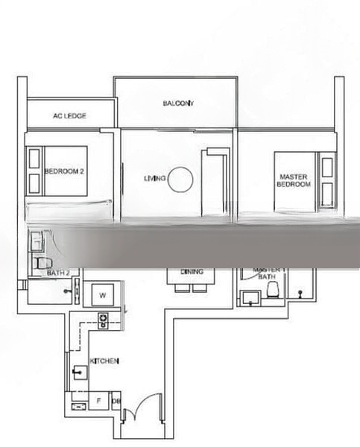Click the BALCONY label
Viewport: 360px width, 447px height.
[178, 104]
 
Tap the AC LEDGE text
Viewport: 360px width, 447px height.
[69, 116]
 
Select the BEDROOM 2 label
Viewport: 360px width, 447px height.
[64, 171]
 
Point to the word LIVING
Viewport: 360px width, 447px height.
[154, 179]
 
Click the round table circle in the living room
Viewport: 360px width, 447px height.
[180, 180]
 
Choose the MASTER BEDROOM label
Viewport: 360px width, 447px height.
[294, 181]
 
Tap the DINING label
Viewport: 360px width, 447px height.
[192, 272]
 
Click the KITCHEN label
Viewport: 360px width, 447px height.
[104, 361]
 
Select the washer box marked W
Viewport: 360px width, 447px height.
[102, 296]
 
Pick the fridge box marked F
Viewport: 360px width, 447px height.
[98, 401]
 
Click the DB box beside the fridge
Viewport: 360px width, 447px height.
[116, 402]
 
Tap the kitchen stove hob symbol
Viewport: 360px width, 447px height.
[103, 320]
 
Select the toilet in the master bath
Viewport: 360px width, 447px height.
[273, 288]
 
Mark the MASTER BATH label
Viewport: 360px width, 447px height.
[266, 273]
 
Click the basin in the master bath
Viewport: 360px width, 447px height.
[249, 298]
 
